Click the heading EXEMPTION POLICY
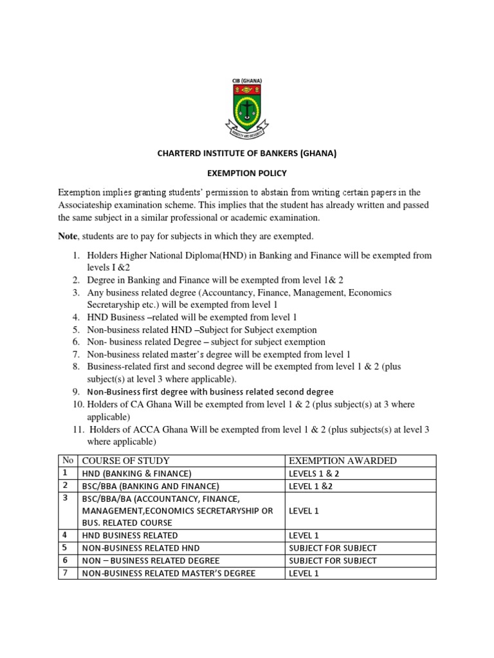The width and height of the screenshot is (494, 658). click(x=247, y=173)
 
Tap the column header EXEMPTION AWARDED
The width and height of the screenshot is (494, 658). click(x=342, y=460)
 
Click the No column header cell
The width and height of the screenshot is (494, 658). click(x=68, y=460)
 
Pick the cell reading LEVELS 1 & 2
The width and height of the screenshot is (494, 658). click(x=315, y=473)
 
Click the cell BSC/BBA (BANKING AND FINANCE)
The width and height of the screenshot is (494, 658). click(x=150, y=486)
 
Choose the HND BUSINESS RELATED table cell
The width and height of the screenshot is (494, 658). click(x=129, y=535)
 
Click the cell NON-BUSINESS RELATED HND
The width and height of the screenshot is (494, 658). click(x=140, y=547)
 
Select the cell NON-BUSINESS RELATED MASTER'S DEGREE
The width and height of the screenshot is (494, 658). click(x=168, y=573)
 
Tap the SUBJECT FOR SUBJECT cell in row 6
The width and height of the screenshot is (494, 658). click(x=333, y=560)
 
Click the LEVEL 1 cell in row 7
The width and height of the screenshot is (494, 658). click(x=304, y=573)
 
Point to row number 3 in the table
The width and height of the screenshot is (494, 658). click(x=65, y=498)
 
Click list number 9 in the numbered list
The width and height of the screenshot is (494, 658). click(x=75, y=391)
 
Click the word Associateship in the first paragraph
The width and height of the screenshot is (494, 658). click(x=89, y=204)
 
